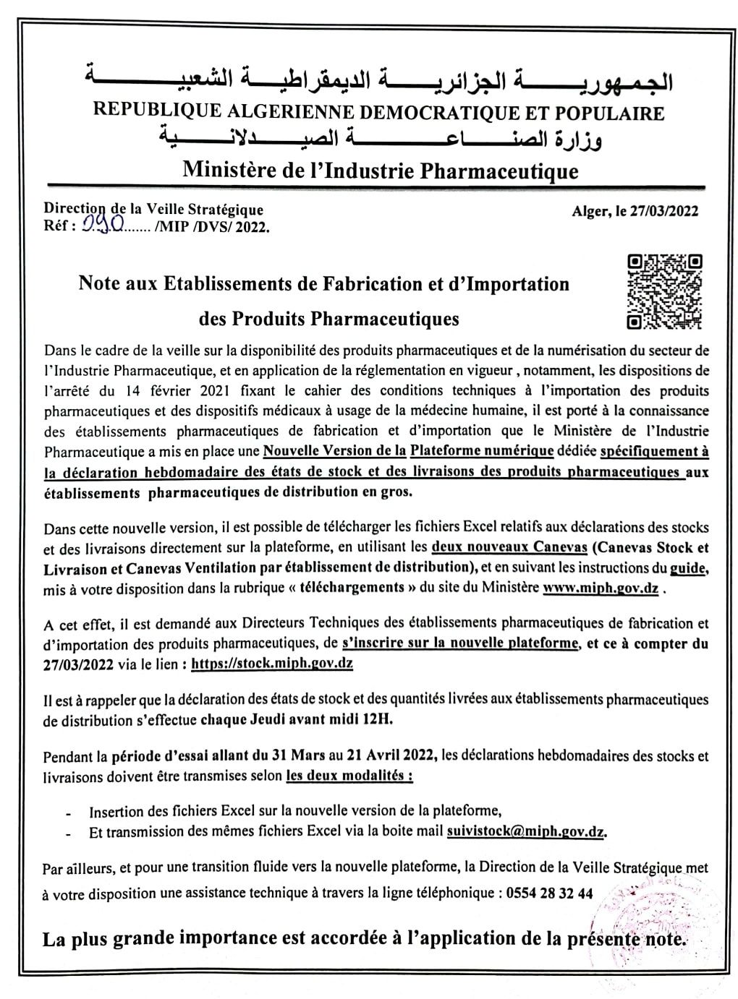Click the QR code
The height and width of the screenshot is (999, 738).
pos(664,291)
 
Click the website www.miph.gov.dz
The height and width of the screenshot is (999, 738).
pos(600,588)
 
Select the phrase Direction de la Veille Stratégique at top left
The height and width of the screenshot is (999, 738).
pos(153,209)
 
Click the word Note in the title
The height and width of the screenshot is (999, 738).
pos(98,284)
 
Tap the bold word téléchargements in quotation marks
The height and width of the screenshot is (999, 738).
pos(352,588)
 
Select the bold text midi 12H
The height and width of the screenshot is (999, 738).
pos(362,719)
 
